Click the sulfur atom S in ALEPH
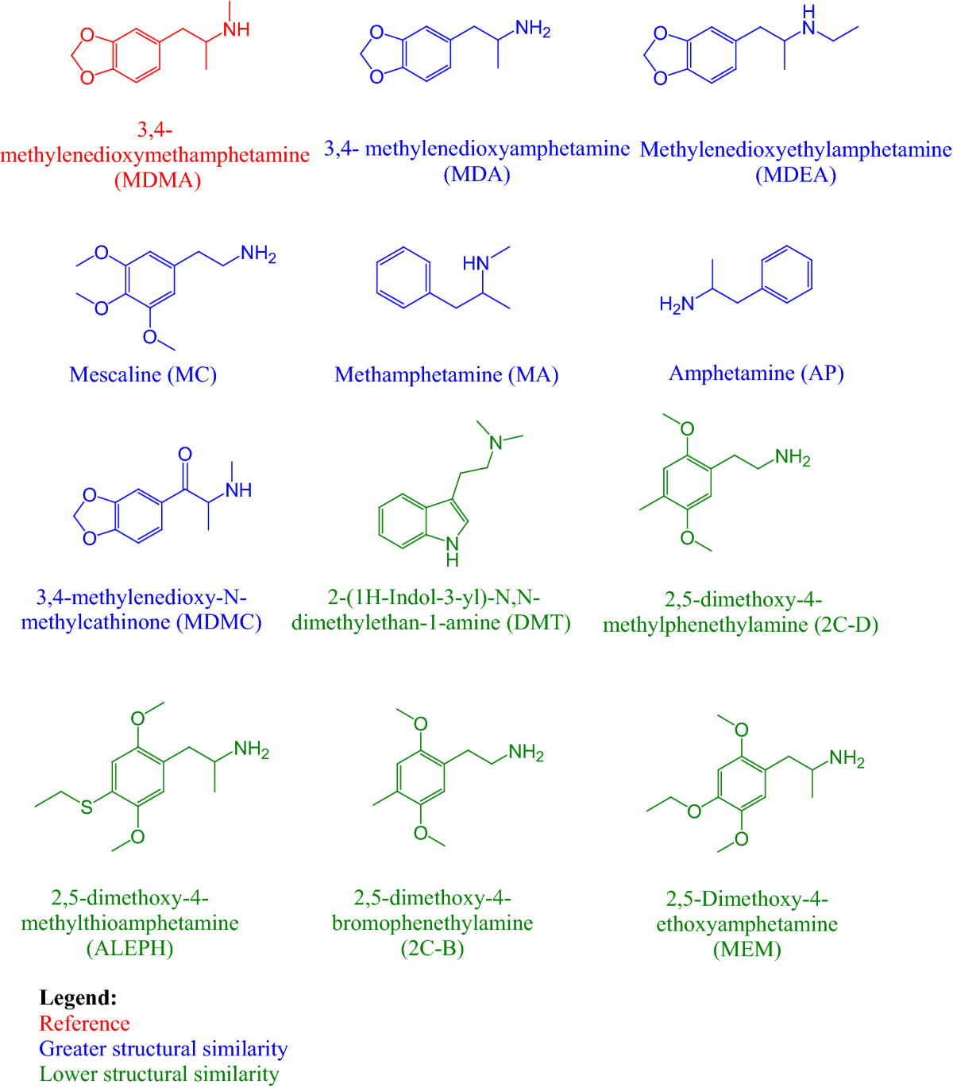87,807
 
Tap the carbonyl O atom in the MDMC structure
185,455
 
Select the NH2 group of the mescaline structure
258,254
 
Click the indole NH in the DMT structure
452,550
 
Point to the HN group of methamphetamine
476,263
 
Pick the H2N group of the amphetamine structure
677,304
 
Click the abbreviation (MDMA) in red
157,180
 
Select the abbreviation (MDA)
476,174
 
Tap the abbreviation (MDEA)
796,175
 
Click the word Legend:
79,997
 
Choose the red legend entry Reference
84,1023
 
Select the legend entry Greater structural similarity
163,1048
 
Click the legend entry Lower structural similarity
159,1074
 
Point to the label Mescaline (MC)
143,374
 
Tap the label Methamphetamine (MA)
446,374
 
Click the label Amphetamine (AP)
756,373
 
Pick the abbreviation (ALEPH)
129,948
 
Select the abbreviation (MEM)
747,949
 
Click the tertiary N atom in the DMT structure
496,443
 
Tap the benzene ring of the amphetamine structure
786,274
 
